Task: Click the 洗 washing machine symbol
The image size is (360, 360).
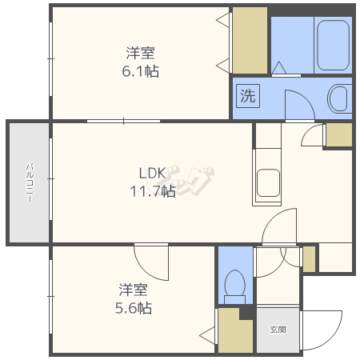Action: [248, 96]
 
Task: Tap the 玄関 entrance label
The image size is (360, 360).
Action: [278, 330]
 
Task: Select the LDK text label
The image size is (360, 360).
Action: [153, 174]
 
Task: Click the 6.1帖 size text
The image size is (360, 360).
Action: [141, 71]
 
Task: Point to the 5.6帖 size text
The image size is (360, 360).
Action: [134, 308]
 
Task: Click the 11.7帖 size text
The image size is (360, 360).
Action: [153, 191]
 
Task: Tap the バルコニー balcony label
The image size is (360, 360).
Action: [30, 183]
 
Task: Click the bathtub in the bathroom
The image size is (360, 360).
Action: [334, 45]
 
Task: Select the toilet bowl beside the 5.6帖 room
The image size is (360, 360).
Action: [235, 286]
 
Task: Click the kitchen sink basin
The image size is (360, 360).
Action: [268, 183]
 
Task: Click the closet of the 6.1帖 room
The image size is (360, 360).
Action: [250, 40]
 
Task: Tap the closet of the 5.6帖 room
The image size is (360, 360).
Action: [234, 331]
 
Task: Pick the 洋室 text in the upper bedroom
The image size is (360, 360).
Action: [140, 53]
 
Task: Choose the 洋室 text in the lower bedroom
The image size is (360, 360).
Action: [133, 290]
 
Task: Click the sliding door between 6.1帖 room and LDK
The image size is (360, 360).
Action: [123, 122]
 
